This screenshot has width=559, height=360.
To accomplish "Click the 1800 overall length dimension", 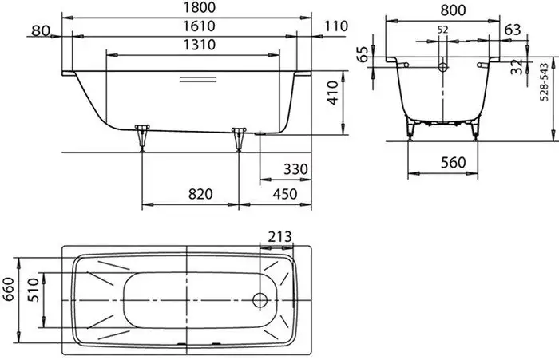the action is [x=200, y=7].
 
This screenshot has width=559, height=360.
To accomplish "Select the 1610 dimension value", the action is [x=200, y=26].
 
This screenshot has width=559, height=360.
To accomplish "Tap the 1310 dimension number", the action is [x=200, y=45].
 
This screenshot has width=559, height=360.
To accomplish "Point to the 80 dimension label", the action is [x=40, y=30].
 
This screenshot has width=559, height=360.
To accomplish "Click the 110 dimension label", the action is [x=336, y=26].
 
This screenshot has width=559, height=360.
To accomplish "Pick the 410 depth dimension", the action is [x=333, y=93].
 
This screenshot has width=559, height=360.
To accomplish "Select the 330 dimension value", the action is [x=295, y=169].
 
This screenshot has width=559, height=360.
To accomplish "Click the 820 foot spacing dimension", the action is [x=200, y=194].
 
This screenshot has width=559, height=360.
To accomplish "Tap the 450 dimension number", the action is [x=285, y=194].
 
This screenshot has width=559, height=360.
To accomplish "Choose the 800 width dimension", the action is [x=453, y=10].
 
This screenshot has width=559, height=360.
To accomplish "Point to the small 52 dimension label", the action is [x=442, y=30].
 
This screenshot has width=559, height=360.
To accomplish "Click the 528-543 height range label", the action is [x=544, y=82].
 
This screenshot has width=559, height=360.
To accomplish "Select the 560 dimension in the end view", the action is [x=453, y=163].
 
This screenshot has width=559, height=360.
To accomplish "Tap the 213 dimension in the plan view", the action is [x=279, y=236].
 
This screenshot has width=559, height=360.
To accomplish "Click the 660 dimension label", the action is [x=9, y=289].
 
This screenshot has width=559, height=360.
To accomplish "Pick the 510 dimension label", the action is [x=33, y=290].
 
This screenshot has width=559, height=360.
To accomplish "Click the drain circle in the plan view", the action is [x=260, y=300].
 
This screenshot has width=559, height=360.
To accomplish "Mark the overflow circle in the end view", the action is [x=442, y=67].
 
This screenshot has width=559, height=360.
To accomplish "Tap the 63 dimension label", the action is [x=513, y=30].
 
